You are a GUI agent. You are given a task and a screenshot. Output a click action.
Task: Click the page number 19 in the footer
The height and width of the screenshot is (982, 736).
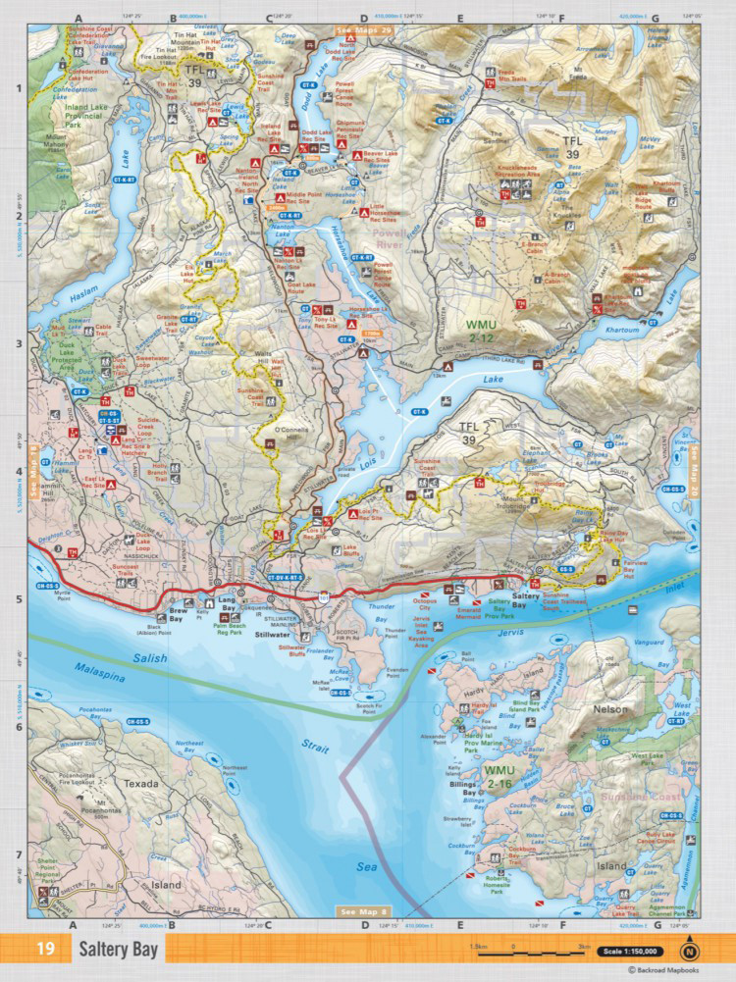[46, 950]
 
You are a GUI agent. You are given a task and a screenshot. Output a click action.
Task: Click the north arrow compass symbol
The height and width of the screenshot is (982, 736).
[692, 950]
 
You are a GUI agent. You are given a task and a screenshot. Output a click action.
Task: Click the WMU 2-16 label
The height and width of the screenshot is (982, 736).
[506, 777]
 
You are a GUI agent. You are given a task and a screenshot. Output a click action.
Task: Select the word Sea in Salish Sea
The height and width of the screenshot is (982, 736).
[364, 867]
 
